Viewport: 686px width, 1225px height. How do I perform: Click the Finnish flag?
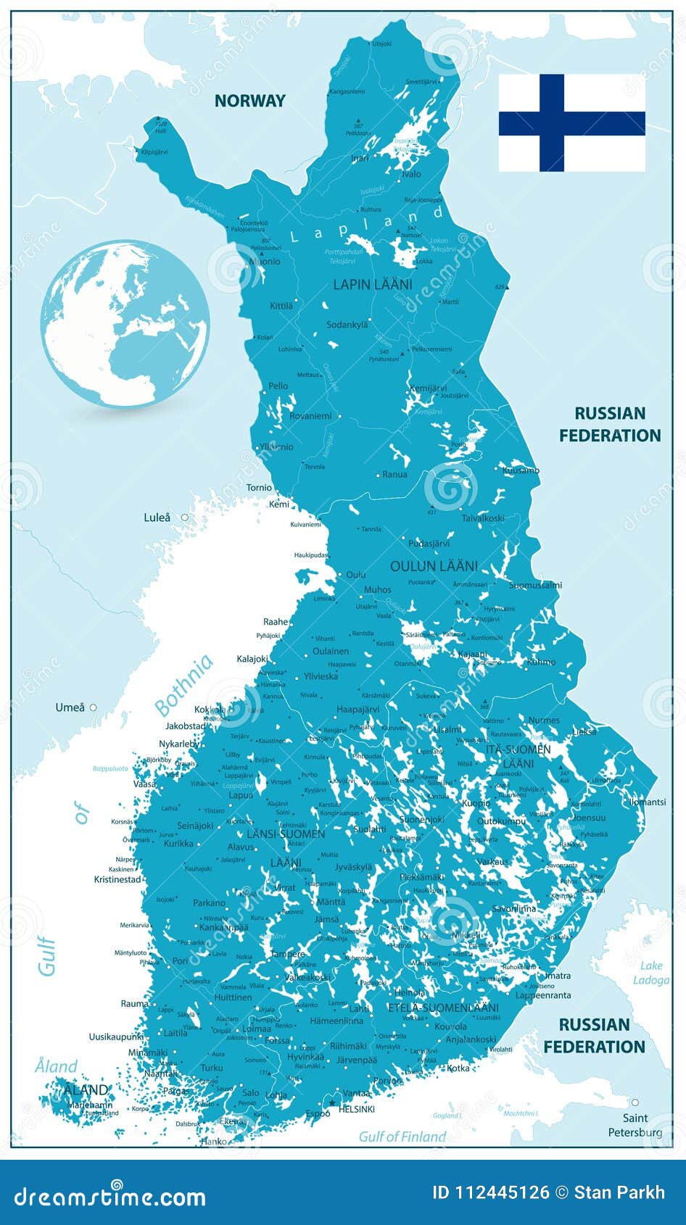(x=571, y=122)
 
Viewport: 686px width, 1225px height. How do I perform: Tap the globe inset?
(x=125, y=324)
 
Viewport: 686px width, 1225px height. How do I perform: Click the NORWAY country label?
(x=249, y=101)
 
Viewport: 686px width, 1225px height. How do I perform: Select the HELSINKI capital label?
(x=356, y=1109)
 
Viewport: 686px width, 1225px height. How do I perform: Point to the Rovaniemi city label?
(x=310, y=416)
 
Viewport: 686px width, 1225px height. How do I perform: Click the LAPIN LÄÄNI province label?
(x=373, y=285)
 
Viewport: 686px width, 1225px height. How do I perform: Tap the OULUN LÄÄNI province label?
(x=434, y=566)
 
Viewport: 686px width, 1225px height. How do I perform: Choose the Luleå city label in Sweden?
(x=157, y=518)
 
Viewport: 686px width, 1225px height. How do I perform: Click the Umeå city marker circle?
(x=93, y=707)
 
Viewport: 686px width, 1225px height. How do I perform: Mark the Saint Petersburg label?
(x=635, y=1125)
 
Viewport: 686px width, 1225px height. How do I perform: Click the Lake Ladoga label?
(x=651, y=973)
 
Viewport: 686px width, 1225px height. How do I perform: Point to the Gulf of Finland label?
(x=402, y=1137)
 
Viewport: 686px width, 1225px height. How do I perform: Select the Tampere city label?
(x=288, y=955)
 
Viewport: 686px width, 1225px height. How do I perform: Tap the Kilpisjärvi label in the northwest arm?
(x=154, y=152)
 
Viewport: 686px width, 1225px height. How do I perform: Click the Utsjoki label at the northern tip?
(x=381, y=44)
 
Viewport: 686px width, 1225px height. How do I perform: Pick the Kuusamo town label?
(x=521, y=470)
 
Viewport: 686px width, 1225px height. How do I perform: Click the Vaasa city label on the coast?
(x=144, y=784)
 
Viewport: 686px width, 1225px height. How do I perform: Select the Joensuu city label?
(x=589, y=818)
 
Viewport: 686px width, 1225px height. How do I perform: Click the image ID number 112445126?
(x=490, y=1193)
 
